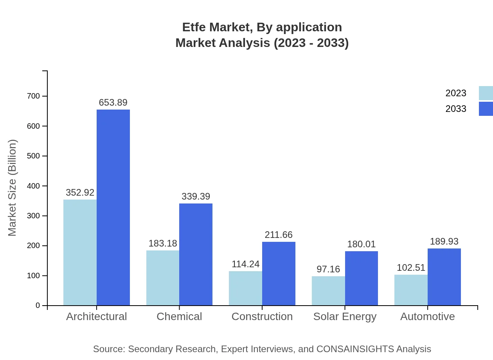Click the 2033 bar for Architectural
113,207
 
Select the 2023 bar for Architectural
80,252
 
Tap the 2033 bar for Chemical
196,254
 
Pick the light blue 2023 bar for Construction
245,288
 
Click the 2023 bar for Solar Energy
328,291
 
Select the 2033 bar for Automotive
444,277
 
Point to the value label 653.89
113,103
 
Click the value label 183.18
163,243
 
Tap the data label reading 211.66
279,235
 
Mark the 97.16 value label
328,269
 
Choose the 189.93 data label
444,241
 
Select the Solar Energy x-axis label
345,317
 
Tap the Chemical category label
179,317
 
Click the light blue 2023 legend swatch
486,93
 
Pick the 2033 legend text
456,109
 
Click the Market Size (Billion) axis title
13,188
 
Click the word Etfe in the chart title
194,27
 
